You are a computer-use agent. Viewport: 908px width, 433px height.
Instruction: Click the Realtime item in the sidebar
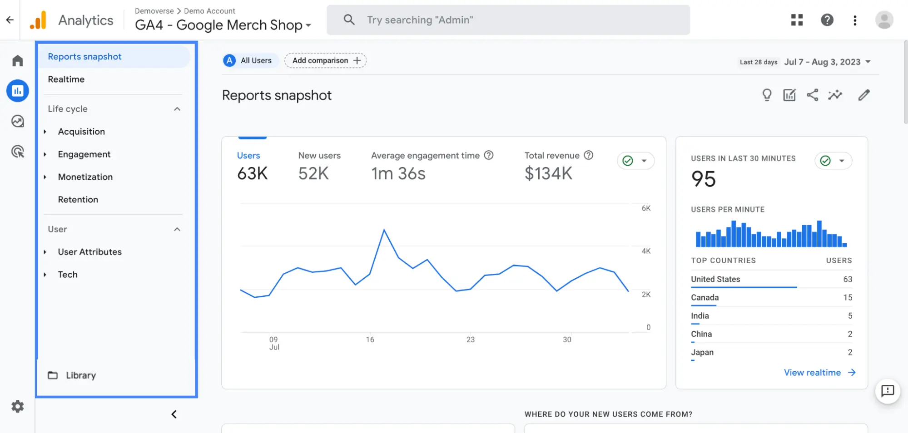(66, 79)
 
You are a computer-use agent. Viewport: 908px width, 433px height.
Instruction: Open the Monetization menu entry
(85, 177)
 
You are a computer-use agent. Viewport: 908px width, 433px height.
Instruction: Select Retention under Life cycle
(78, 200)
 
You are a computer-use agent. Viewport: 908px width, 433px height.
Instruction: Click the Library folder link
(80, 375)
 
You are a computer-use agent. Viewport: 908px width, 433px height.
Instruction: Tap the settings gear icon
(18, 406)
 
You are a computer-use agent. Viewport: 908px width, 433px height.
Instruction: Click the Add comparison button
(325, 60)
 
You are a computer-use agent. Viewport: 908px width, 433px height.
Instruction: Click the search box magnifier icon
(349, 20)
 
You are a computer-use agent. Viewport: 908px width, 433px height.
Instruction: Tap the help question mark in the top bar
(827, 20)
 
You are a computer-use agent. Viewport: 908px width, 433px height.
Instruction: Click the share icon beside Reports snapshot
(812, 95)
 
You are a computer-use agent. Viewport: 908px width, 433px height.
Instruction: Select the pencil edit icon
(863, 95)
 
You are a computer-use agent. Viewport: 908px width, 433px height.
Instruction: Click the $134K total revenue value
(548, 173)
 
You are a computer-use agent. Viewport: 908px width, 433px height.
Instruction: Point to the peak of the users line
(384, 230)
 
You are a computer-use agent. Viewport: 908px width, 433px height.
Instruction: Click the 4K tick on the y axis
(646, 251)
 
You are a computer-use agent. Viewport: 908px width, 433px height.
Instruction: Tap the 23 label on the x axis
(470, 340)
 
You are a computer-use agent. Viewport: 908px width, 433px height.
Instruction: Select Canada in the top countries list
(705, 298)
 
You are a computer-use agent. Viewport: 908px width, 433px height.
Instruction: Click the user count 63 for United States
(847, 279)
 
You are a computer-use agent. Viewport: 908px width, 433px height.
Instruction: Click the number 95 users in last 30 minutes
(703, 179)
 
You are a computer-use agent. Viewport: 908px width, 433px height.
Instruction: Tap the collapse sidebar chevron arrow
(174, 414)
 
